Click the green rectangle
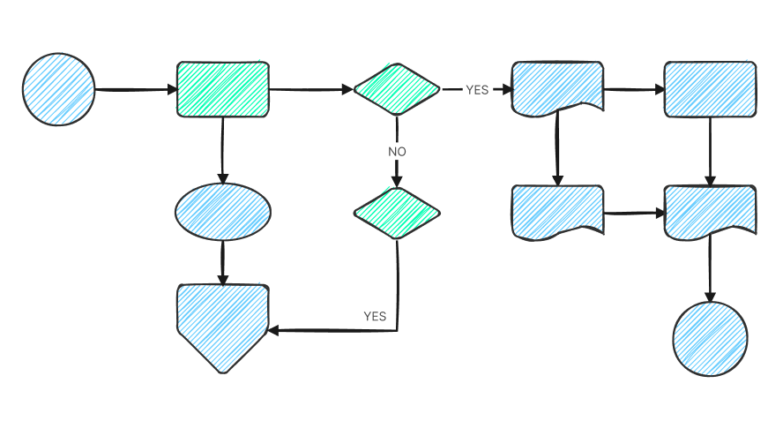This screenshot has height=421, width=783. pyautogui.click(x=223, y=89)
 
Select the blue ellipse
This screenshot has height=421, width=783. pyautogui.click(x=223, y=212)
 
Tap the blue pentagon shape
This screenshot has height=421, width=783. pyautogui.click(x=222, y=323)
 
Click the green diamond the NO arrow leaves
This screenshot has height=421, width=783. pyautogui.click(x=397, y=89)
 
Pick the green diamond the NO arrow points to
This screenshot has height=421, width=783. pyautogui.click(x=397, y=213)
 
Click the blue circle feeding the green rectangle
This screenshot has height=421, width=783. pyautogui.click(x=58, y=89)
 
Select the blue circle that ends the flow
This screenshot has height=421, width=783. pyautogui.click(x=710, y=339)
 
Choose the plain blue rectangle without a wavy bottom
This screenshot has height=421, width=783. pyautogui.click(x=710, y=89)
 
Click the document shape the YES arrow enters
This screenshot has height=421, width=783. pyautogui.click(x=557, y=87)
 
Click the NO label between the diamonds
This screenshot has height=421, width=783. pyautogui.click(x=397, y=152)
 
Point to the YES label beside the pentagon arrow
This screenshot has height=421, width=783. pyautogui.click(x=375, y=316)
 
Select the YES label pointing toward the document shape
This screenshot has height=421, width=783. pyautogui.click(x=477, y=90)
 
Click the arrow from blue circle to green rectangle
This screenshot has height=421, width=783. pyautogui.click(x=136, y=89)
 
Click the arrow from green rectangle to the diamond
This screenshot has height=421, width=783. pyautogui.click(x=310, y=89)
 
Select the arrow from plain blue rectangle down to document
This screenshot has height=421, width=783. pyautogui.click(x=710, y=151)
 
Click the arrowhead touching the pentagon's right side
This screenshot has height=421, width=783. pyautogui.click(x=274, y=331)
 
